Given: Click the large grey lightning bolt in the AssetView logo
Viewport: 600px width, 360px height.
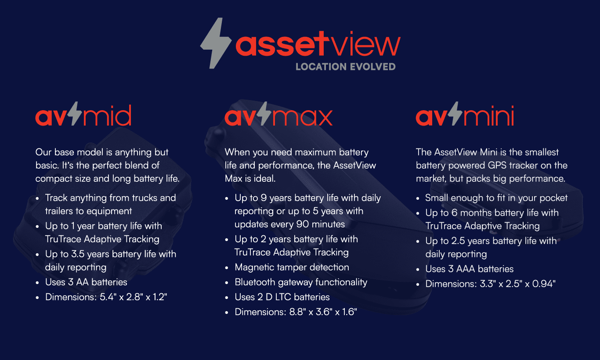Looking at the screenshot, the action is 216,43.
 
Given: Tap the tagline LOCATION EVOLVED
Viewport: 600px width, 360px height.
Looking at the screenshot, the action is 346,67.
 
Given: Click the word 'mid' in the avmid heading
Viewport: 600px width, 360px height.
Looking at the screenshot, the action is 107,115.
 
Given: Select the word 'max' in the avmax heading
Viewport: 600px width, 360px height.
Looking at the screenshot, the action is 302,117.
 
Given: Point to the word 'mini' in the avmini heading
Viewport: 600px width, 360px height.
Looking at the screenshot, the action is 489,115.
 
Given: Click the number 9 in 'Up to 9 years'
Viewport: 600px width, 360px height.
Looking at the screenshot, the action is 264,198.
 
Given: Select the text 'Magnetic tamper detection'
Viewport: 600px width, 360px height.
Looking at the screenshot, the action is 292,267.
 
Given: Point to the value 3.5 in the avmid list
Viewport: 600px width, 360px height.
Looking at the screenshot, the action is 78,254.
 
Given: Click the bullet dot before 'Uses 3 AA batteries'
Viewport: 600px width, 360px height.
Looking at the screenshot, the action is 37,283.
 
